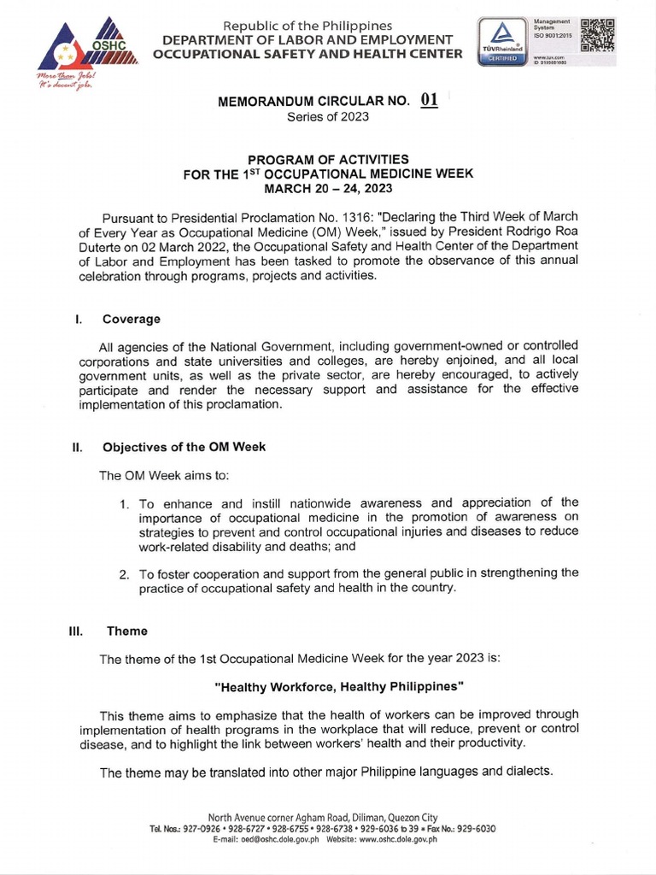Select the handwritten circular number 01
click(x=429, y=100)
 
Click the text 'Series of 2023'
click(x=328, y=117)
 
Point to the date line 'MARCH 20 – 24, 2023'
click(x=328, y=187)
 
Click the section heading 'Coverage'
click(x=132, y=319)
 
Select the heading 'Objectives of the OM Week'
click(x=184, y=447)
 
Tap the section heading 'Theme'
click(x=126, y=631)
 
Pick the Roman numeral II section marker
click(x=77, y=447)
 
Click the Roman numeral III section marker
click(x=76, y=631)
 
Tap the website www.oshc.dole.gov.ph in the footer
click(x=395, y=840)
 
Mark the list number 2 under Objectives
click(x=125, y=573)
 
